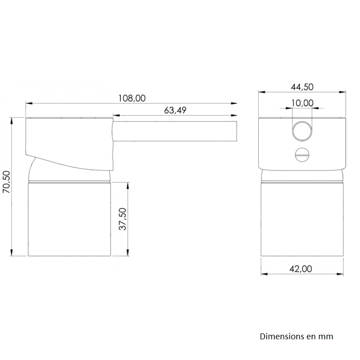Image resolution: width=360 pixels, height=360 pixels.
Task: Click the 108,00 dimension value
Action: (x=132, y=98)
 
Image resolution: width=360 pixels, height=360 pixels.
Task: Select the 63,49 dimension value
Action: (x=175, y=110)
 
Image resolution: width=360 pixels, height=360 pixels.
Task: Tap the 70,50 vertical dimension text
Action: (x=6, y=182)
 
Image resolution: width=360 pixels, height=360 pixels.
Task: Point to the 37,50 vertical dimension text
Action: (x=123, y=219)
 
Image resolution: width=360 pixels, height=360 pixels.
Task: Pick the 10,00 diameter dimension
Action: (x=302, y=103)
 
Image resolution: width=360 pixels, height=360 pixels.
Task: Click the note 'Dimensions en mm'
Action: (x=297, y=336)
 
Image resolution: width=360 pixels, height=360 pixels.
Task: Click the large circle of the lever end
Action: (x=302, y=131)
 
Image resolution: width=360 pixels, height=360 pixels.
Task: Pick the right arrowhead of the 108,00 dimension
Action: (x=234, y=103)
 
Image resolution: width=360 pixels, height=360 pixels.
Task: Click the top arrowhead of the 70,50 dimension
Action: (x=11, y=120)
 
